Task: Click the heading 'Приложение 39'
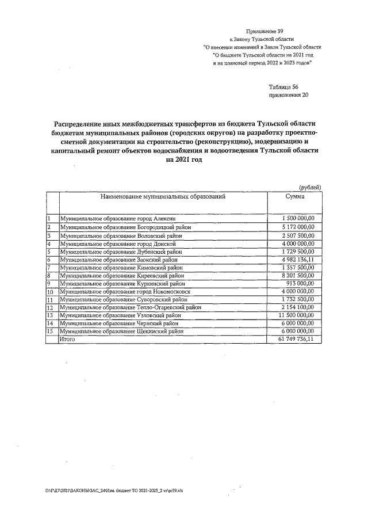coord(264,31)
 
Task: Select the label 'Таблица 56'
coord(284,87)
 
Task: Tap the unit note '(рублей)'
coord(309,186)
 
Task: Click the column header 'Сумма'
coord(295,197)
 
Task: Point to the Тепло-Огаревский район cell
coord(131,308)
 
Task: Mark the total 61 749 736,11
coord(297,340)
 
